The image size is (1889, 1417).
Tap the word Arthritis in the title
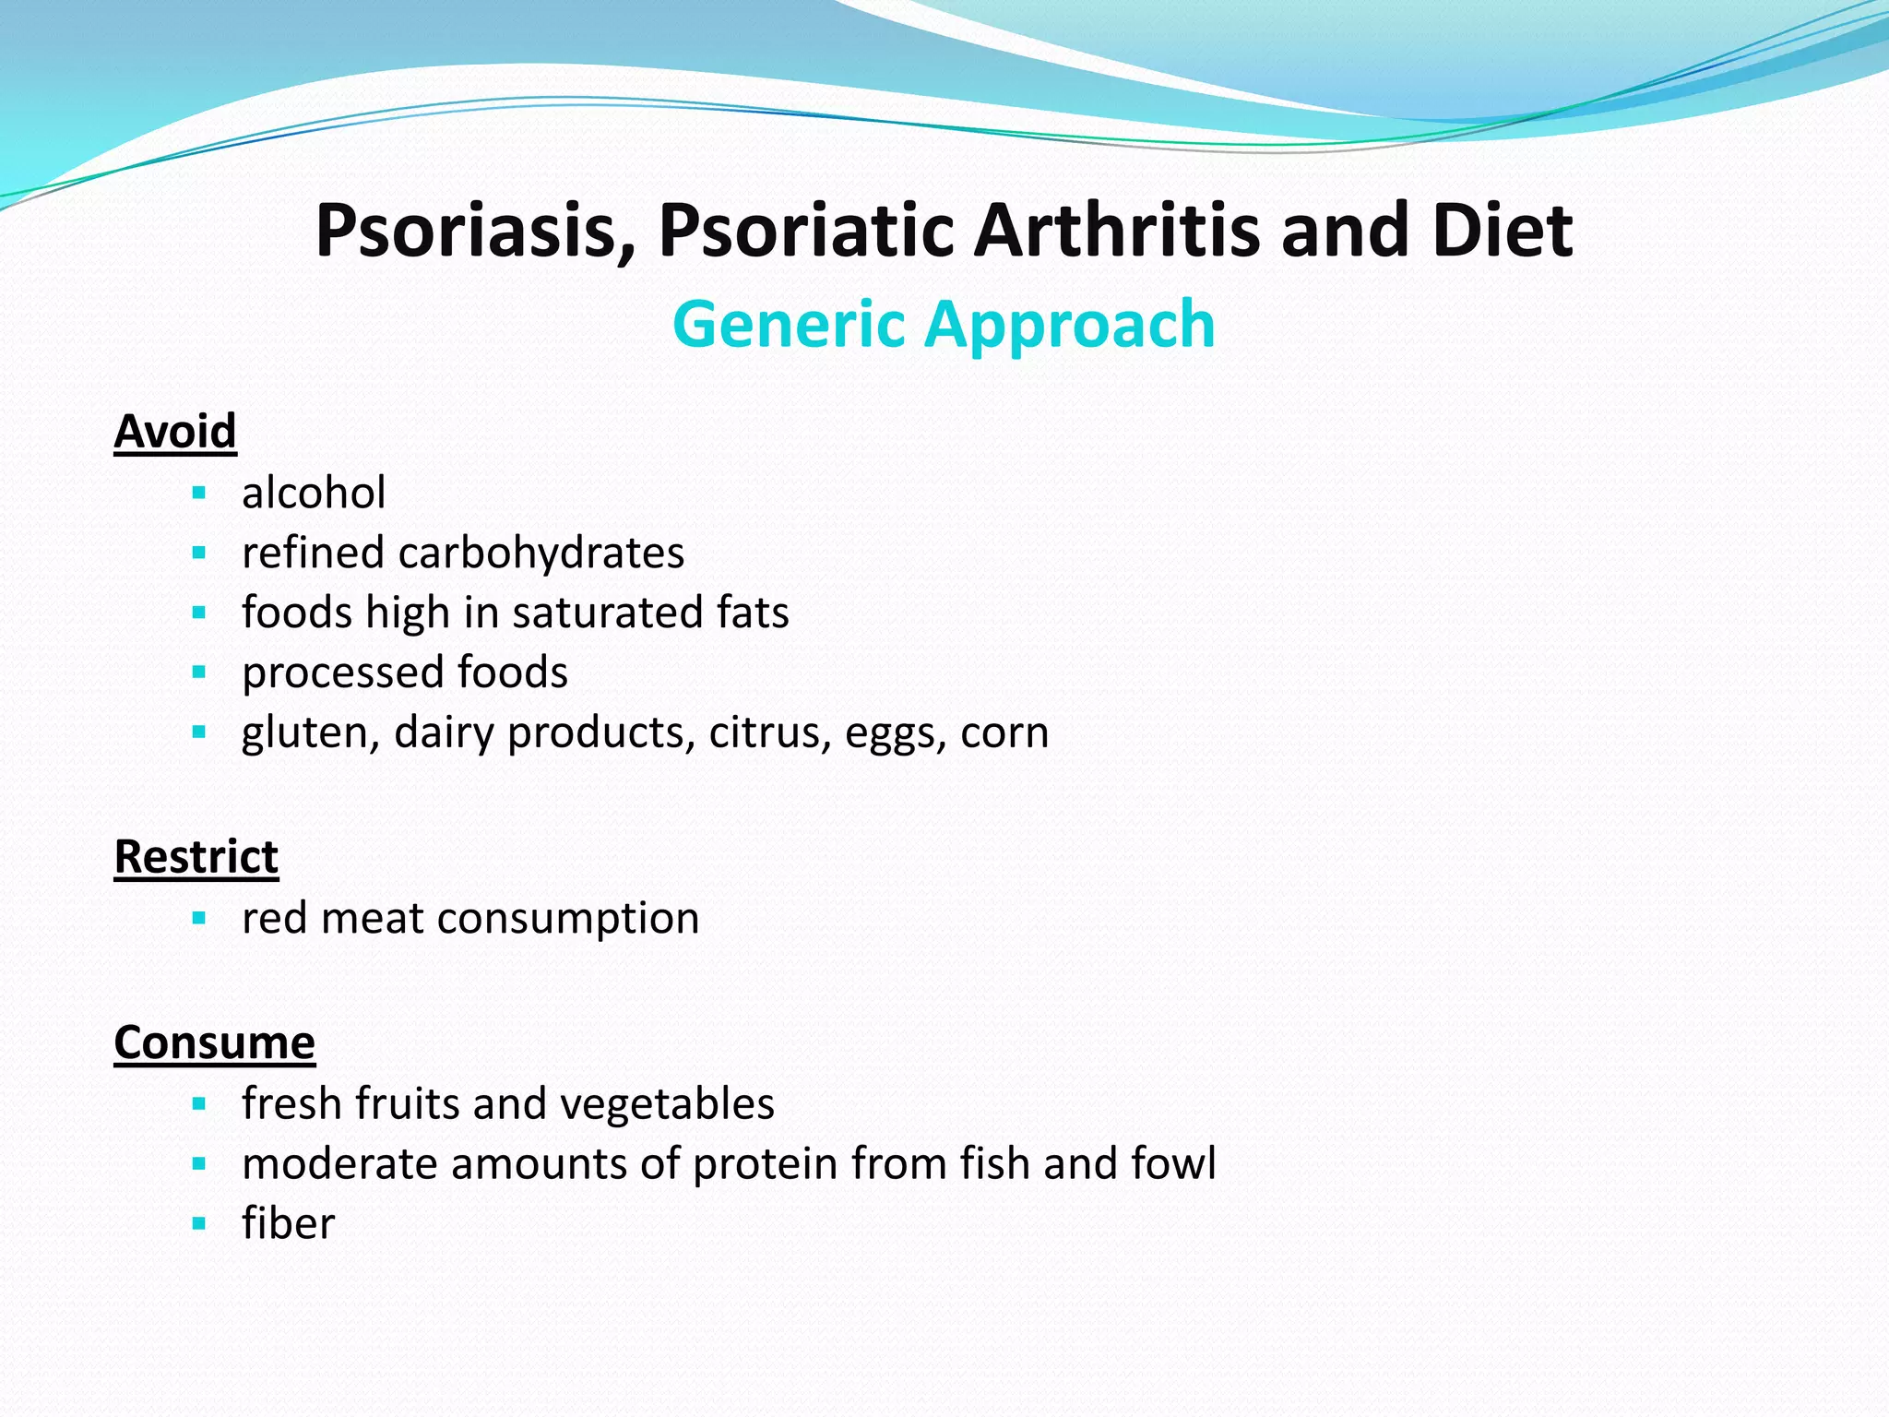1117,231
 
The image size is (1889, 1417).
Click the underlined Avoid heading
175,431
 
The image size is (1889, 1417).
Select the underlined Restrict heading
196,856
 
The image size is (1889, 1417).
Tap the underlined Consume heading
214,1042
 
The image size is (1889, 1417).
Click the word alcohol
314,493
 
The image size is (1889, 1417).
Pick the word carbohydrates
541,553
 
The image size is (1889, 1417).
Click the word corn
1004,733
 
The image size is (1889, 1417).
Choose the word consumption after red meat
568,919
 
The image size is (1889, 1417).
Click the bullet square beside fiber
198,1224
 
